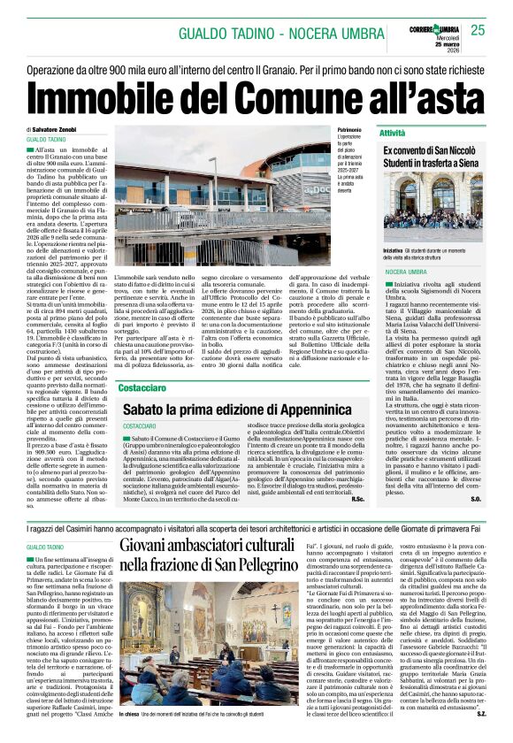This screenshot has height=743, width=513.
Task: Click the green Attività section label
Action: (x=393, y=132)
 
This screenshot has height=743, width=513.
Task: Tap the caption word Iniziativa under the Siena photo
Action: (x=393, y=251)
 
